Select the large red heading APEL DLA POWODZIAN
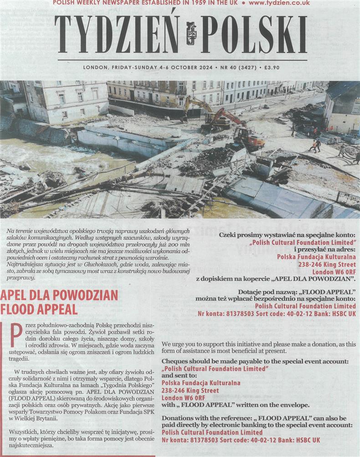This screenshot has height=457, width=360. coord(54,295)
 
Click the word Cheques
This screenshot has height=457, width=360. coord(176,361)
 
